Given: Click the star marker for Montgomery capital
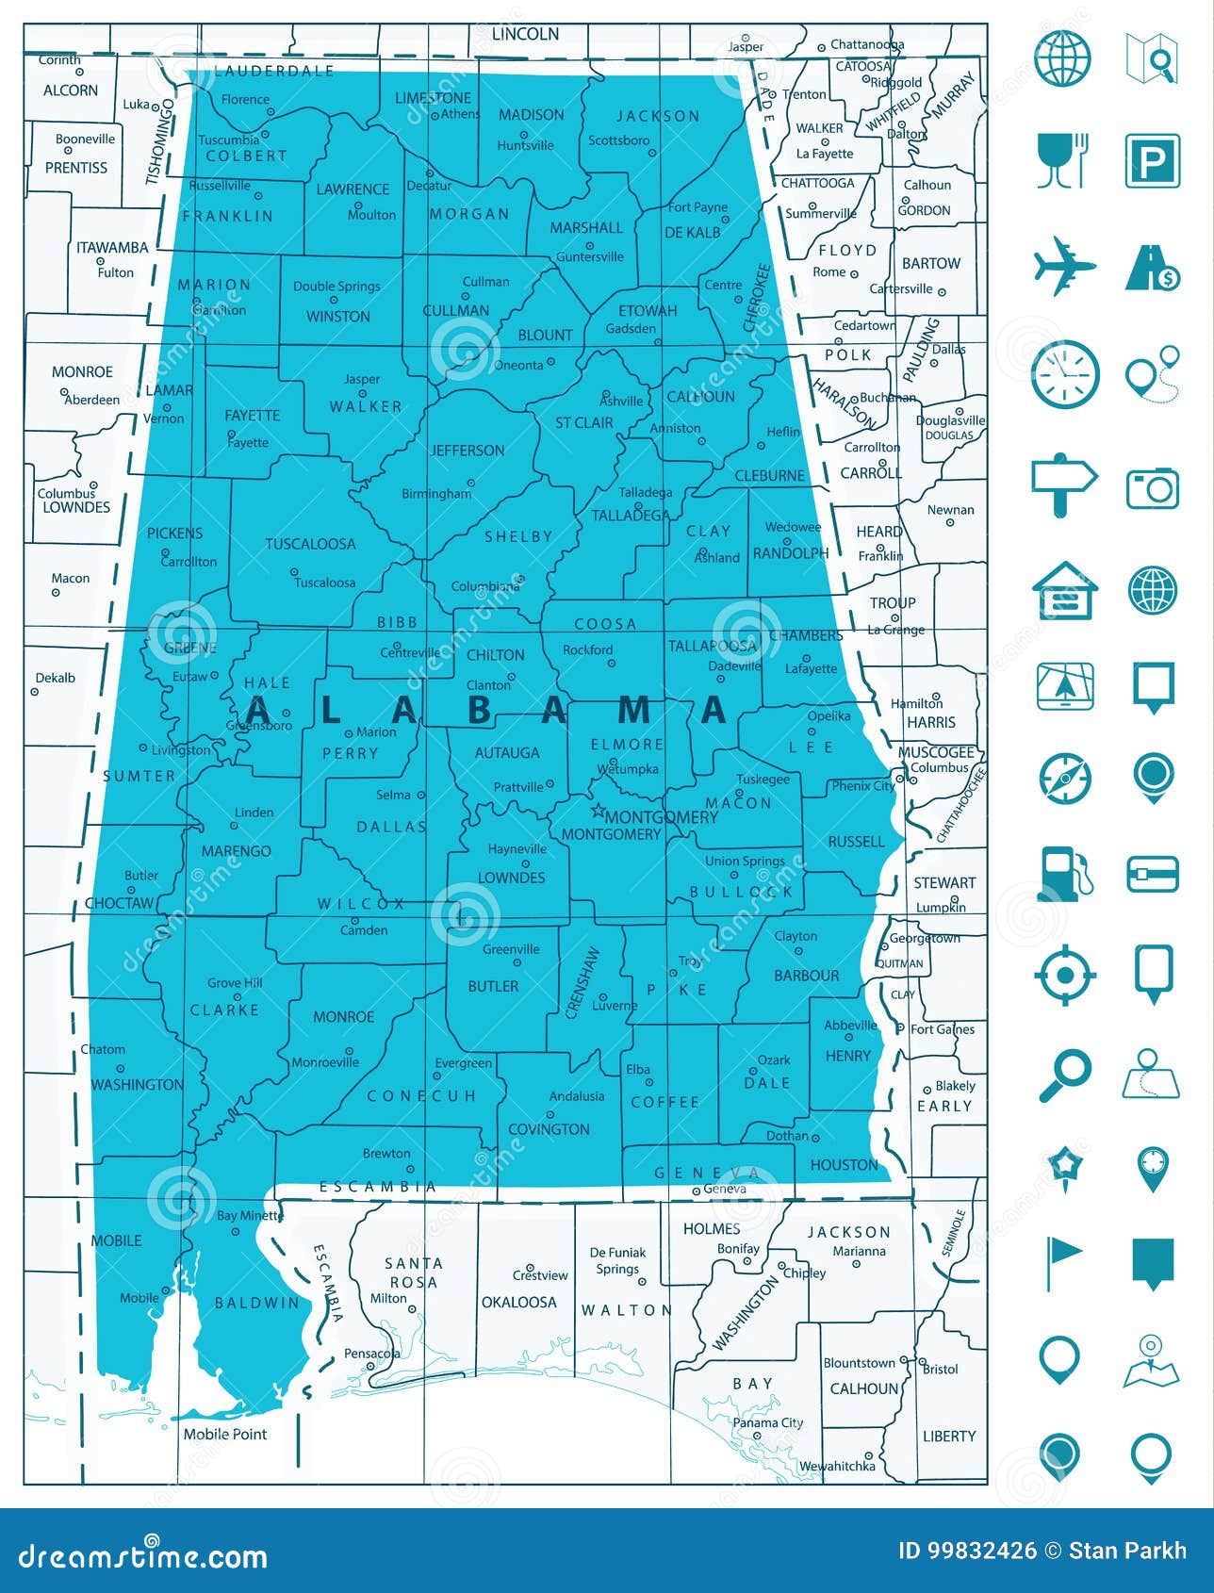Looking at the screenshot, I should coord(597,810).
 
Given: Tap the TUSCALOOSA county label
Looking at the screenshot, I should coord(310,544).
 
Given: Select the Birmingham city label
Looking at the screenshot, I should coord(436,494).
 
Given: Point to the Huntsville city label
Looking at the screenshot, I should coord(525,145).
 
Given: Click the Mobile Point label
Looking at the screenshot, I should coord(225,1434).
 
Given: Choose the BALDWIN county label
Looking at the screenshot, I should coord(256,1303).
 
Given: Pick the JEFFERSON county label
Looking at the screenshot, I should coord(468,451).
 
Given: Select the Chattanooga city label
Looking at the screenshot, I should coord(867,44).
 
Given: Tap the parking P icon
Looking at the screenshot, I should coord(1152,161).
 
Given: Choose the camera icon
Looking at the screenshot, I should coord(1152,487).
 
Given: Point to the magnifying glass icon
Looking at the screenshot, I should coord(1064,1076).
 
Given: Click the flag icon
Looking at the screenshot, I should coord(1064,1262).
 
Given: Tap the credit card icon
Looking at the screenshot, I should coord(1152,874).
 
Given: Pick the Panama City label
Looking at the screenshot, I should coord(768,1422).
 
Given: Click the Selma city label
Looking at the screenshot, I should coord(393,795).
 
